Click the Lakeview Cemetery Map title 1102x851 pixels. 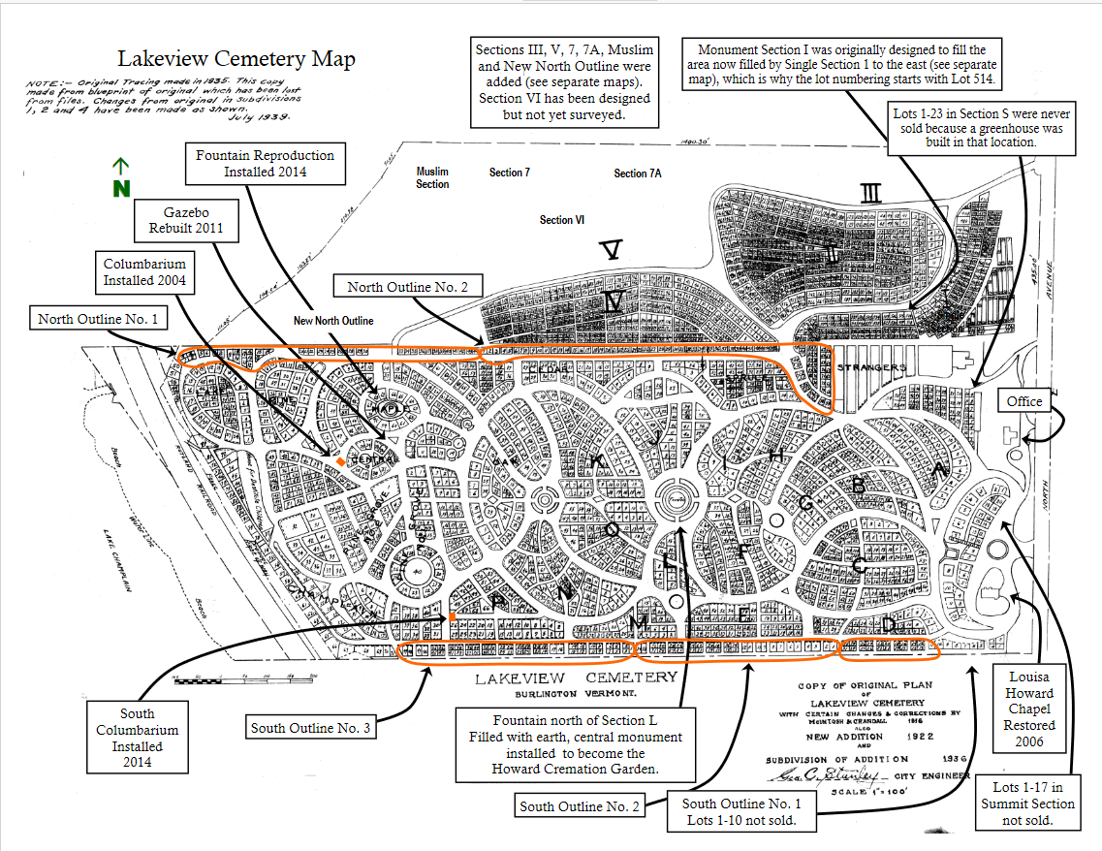tap(236, 58)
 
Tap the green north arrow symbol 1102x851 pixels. tap(121, 179)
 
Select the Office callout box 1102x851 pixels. tap(1024, 401)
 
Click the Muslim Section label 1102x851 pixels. tap(432, 177)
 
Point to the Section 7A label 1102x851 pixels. tap(638, 173)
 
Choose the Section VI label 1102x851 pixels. tap(562, 220)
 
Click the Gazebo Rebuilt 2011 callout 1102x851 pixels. tap(186, 221)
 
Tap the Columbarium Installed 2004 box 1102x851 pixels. tap(144, 272)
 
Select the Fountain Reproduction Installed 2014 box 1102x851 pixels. tap(266, 163)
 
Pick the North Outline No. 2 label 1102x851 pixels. tap(408, 287)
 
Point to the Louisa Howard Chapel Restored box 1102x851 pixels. tap(1029, 709)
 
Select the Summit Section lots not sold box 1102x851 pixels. tap(1027, 804)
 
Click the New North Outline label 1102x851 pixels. tap(333, 321)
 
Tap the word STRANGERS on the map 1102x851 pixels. tap(870, 368)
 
